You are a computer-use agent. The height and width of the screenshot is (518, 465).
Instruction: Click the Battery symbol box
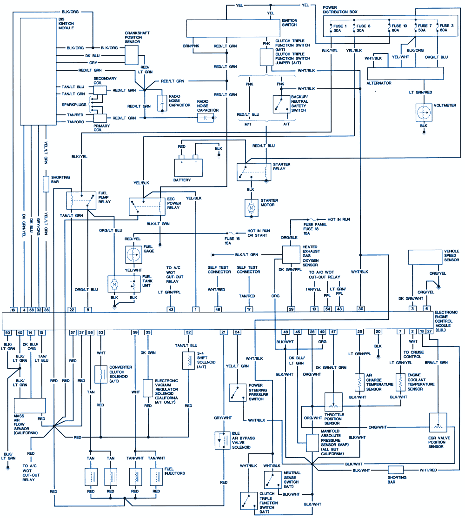(x=189, y=167)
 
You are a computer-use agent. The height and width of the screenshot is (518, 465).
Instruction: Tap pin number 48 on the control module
(x=217, y=309)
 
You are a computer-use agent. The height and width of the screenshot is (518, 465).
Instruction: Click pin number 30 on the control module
(x=360, y=309)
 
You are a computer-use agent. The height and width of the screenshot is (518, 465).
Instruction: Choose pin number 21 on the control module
(x=224, y=332)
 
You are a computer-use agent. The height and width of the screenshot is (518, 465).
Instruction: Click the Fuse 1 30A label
(x=337, y=28)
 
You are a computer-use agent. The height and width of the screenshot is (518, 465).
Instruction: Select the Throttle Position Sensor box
(x=333, y=403)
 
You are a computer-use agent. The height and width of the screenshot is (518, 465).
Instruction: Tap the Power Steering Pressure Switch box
(x=238, y=392)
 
